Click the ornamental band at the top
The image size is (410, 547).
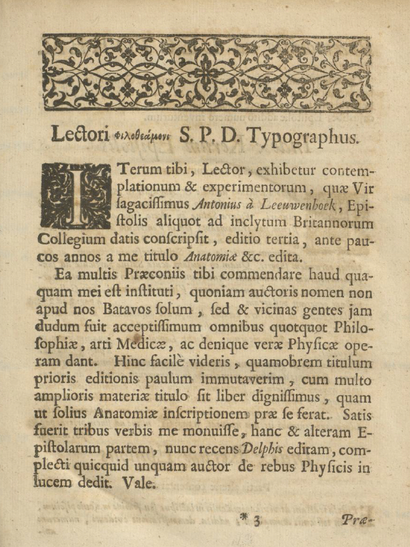click(207, 73)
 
